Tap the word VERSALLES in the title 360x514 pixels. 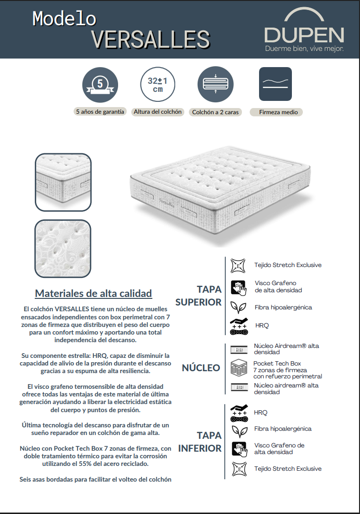click(x=150, y=40)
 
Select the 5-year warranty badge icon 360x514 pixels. click(x=100, y=84)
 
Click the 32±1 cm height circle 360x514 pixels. click(x=158, y=84)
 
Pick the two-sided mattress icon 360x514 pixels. click(x=215, y=84)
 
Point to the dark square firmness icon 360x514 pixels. click(x=275, y=84)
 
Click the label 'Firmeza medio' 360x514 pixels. click(x=279, y=112)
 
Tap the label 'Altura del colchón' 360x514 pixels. click(x=158, y=112)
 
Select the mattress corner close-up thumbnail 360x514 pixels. click(x=63, y=182)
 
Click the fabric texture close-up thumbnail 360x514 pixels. click(x=63, y=248)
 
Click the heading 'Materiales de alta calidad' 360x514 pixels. click(x=93, y=293)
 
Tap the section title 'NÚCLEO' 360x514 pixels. click(x=201, y=368)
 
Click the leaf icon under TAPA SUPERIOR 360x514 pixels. click(x=238, y=307)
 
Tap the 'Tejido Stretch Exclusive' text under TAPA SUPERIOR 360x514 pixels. click(x=288, y=265)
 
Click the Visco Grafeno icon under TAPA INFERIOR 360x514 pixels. click(x=238, y=449)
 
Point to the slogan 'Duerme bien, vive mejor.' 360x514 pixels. click(x=304, y=49)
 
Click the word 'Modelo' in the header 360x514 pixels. click(x=64, y=18)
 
